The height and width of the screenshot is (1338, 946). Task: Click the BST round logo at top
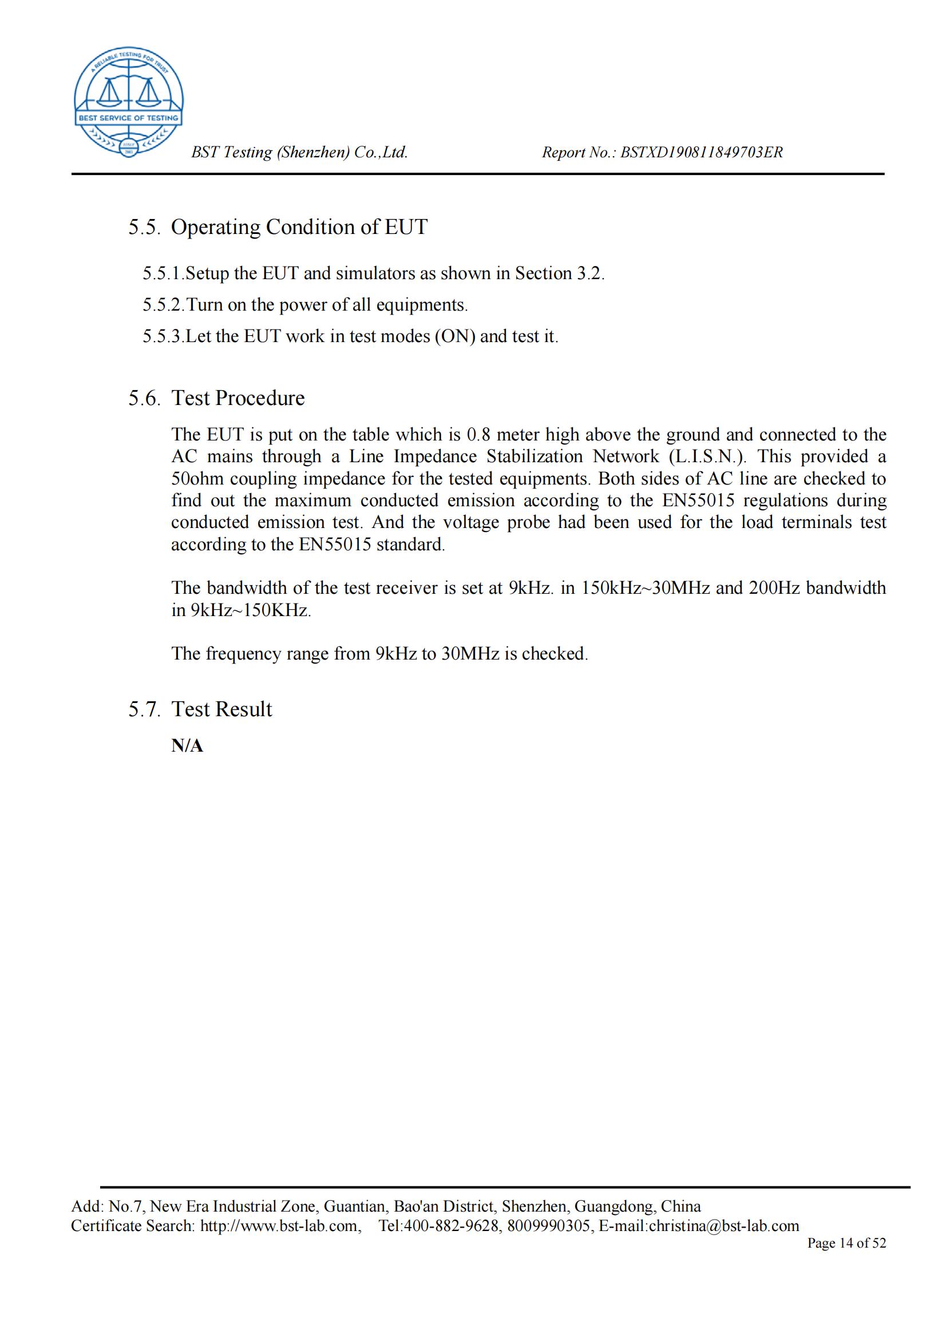pos(128,102)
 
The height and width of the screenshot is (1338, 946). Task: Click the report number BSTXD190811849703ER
pos(701,153)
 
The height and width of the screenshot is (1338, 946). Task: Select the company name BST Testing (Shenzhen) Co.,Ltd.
pos(300,153)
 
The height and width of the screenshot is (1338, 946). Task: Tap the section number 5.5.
pos(144,227)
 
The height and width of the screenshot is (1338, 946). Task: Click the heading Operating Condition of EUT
pos(299,227)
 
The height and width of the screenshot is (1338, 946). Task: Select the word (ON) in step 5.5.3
pos(454,337)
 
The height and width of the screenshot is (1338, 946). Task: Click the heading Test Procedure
pos(238,398)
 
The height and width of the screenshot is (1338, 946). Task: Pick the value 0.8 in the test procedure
pos(478,435)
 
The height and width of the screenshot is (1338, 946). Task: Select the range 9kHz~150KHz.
pos(251,610)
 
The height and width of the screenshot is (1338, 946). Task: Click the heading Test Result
pos(221,709)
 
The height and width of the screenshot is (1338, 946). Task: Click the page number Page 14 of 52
pos(846,1243)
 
